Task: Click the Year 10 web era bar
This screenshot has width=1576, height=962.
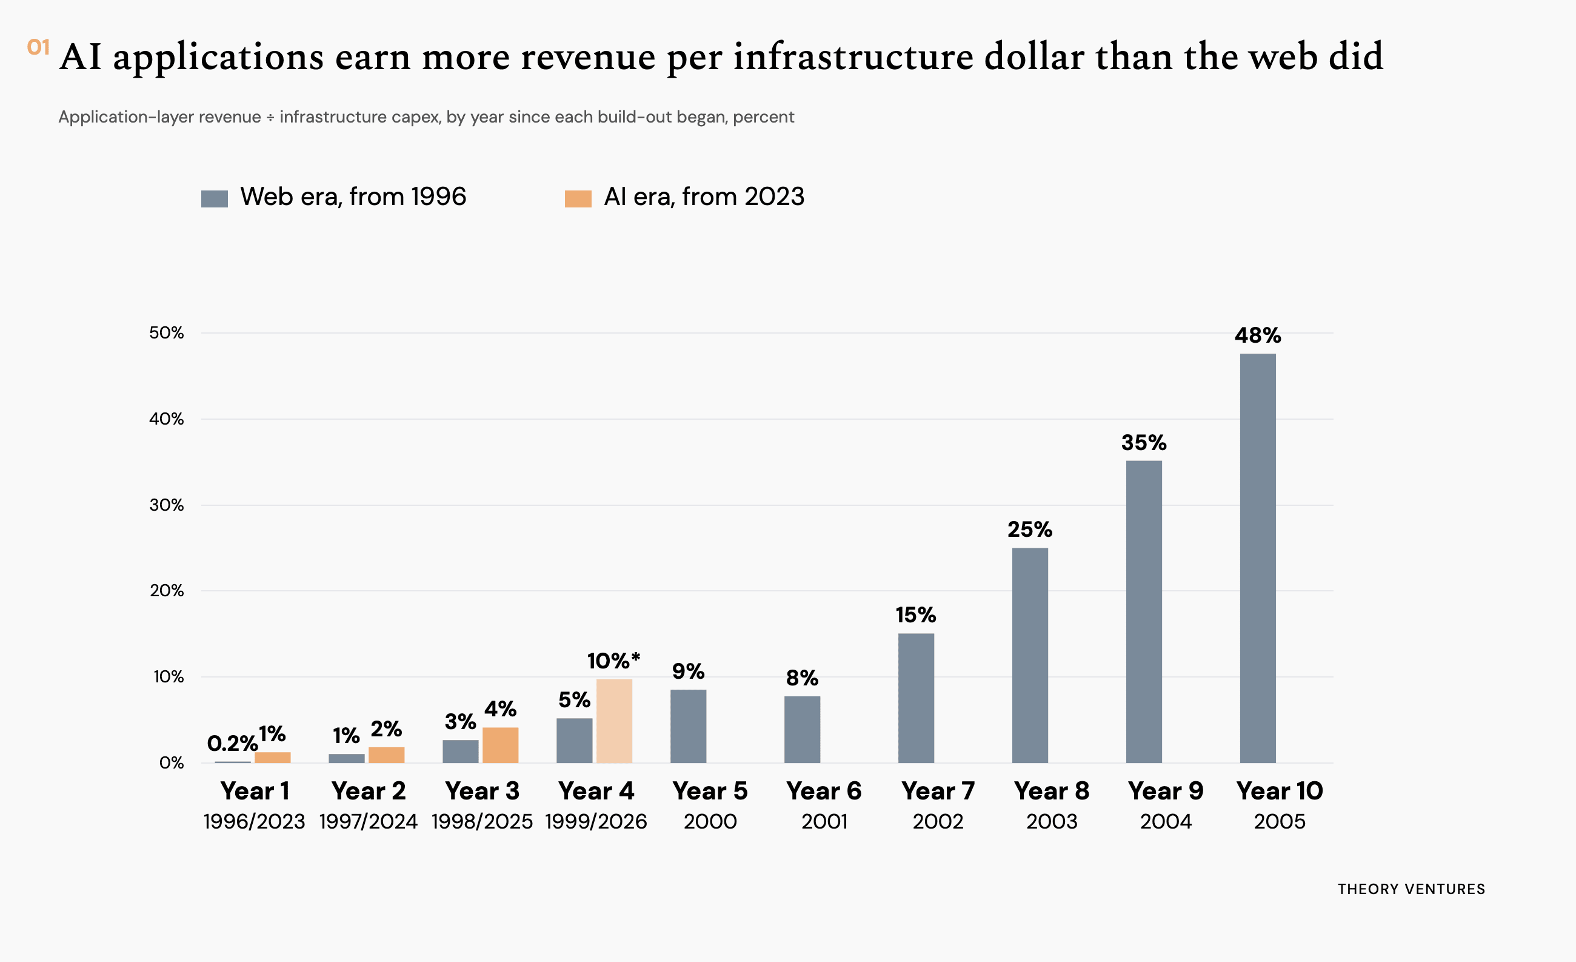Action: pos(1258,558)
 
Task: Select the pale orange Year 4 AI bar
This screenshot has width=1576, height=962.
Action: pos(614,721)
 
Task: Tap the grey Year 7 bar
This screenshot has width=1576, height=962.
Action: pos(916,698)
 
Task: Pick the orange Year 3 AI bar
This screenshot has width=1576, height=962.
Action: pos(500,745)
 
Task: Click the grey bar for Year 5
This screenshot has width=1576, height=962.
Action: pos(688,726)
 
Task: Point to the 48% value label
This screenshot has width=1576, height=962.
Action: pos(1258,335)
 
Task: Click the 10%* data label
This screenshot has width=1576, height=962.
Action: pos(613,661)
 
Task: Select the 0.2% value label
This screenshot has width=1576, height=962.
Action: pos(232,743)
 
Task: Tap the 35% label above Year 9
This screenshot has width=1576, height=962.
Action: pos(1144,442)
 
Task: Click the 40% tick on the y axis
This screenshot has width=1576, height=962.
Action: pos(166,419)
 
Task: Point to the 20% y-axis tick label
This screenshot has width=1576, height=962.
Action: pos(166,591)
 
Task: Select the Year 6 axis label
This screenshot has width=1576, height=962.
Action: pos(824,791)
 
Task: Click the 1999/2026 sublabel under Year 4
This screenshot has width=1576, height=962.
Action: pos(596,821)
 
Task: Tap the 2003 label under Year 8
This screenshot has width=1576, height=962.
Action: pos(1052,821)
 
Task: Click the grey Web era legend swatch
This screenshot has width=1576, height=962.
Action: pos(214,198)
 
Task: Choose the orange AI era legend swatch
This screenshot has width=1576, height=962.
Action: pos(578,198)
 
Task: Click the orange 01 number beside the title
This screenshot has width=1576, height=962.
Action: pos(38,47)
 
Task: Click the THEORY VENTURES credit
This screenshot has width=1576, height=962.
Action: pos(1411,889)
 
